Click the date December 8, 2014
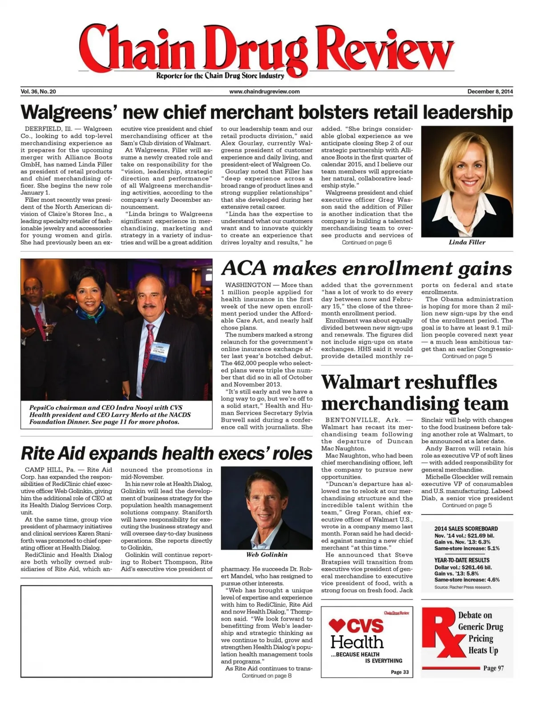click(x=490, y=92)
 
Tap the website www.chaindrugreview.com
click(x=264, y=92)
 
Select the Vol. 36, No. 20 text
click(x=38, y=92)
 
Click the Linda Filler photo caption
click(x=467, y=242)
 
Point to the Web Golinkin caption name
click(x=267, y=554)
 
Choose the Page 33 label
click(x=400, y=672)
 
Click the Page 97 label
click(x=494, y=668)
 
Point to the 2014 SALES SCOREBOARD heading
click(x=466, y=529)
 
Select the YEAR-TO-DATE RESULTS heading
click(x=461, y=560)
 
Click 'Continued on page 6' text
click(x=367, y=242)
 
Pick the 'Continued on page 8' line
click(x=267, y=675)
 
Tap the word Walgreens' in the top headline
click(x=68, y=112)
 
